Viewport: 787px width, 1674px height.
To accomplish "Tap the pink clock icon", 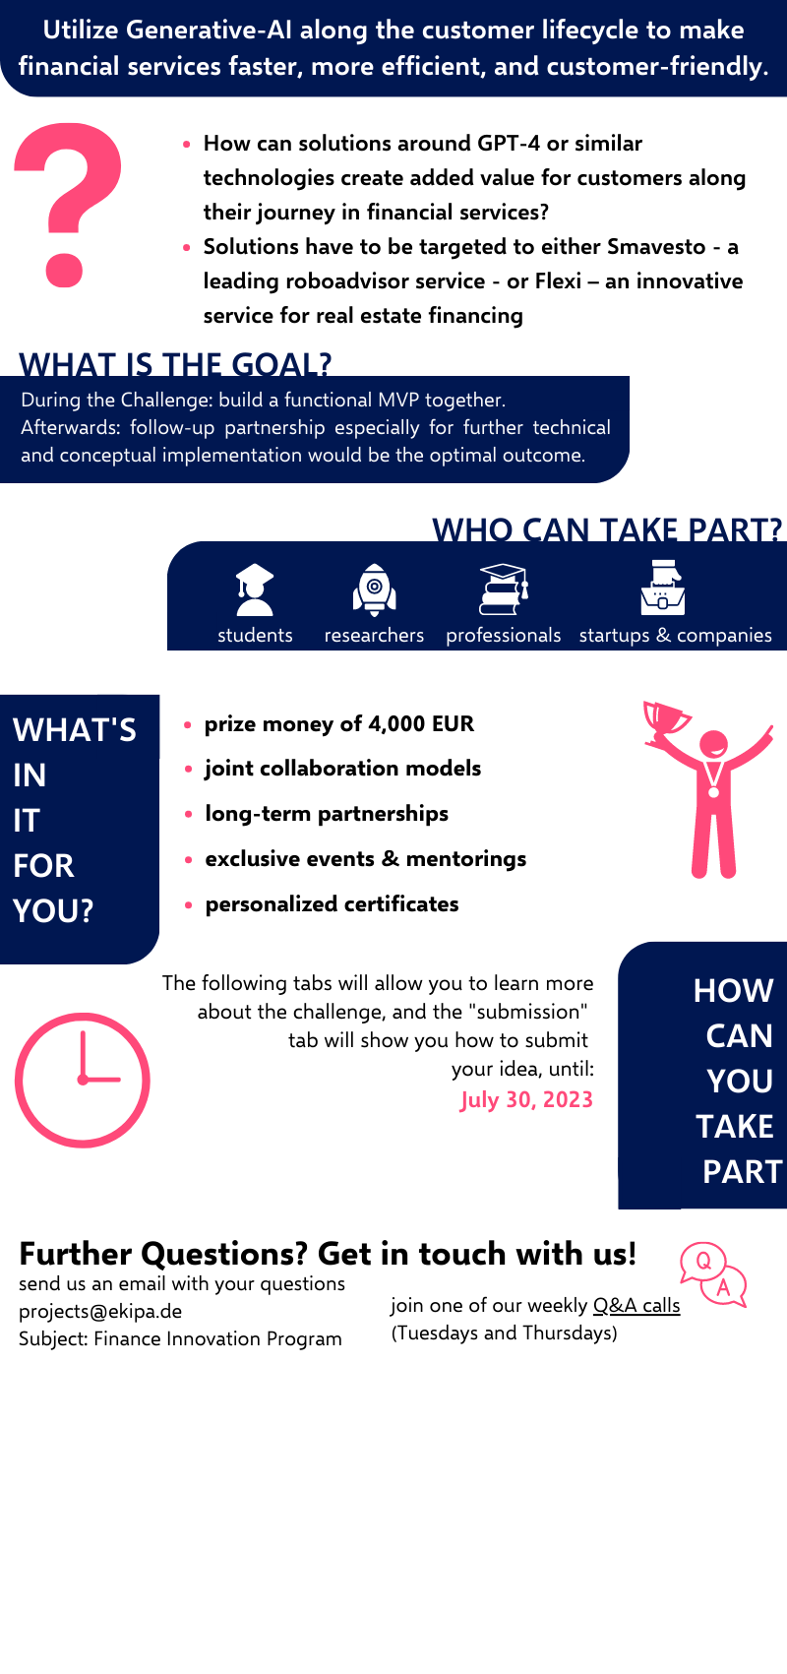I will pos(83,1080).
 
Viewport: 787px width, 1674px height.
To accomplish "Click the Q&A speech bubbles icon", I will pos(713,1274).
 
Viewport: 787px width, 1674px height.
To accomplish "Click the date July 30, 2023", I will pos(526,1099).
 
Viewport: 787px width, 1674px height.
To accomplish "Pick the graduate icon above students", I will pos(255,589).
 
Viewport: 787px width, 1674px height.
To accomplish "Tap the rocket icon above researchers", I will pos(374,589).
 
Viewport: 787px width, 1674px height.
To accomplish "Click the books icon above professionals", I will pos(504,589).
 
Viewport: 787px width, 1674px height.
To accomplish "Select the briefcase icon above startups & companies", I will pos(663,589).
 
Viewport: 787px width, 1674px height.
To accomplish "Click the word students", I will pos(255,635).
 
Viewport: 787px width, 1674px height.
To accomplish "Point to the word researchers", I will pos(374,635).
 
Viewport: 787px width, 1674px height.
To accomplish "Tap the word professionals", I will pos(504,635).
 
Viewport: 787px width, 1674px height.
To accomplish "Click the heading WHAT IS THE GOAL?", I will pos(175,365).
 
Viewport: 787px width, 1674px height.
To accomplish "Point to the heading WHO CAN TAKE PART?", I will pos(607,529).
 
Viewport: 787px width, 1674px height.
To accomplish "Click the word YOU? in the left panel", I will pos(53,910).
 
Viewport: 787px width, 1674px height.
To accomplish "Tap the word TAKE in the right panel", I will pos(735,1126).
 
